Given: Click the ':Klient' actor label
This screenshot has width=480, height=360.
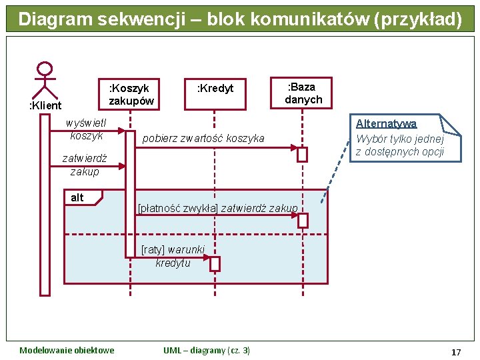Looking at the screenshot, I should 45,105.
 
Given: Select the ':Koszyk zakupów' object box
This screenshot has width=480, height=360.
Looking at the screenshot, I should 131,94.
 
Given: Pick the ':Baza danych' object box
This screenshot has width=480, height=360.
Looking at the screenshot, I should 303,93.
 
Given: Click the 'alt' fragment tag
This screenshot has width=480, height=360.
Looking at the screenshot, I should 77,198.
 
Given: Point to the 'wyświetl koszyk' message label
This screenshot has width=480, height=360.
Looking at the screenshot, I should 87,129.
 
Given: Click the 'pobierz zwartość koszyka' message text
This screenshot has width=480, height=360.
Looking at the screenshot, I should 203,139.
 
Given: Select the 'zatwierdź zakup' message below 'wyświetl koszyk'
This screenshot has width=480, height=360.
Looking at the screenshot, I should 84,165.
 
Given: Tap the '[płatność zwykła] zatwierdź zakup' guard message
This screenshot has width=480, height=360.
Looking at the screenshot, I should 217,209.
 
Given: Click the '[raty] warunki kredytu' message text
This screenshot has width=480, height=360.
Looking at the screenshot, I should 173,256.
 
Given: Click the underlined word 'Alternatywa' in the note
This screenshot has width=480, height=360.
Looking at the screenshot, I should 386,124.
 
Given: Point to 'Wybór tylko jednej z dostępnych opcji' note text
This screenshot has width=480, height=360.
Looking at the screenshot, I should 399,145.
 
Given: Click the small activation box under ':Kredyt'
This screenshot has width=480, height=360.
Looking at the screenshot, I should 215,264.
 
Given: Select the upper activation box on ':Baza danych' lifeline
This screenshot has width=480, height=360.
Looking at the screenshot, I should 303,155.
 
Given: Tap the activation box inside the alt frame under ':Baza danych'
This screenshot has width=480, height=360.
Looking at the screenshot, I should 303,221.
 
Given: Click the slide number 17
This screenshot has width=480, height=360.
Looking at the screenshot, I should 456,351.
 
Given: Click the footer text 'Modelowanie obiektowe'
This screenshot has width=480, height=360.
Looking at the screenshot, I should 67,351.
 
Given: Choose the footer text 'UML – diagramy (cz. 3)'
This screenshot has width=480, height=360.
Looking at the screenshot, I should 207,351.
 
